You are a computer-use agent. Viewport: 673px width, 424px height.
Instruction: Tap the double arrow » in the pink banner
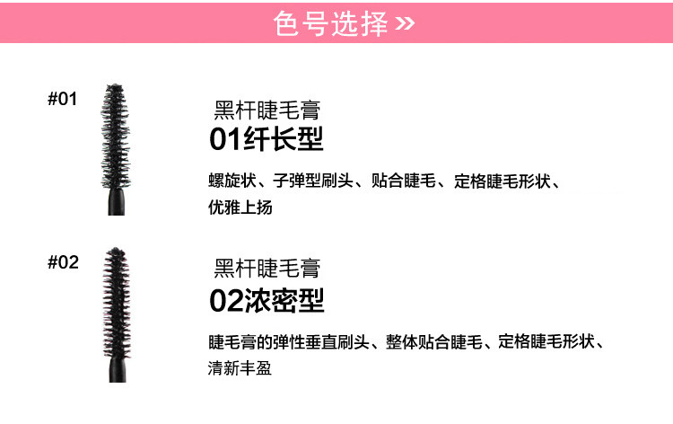406,23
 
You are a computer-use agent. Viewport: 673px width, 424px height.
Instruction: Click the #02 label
63,262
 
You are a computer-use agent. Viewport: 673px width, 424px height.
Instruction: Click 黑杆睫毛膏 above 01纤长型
267,111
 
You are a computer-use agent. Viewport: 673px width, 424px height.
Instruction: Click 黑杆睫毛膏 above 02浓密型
267,269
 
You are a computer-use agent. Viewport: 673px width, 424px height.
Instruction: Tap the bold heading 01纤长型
266,141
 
